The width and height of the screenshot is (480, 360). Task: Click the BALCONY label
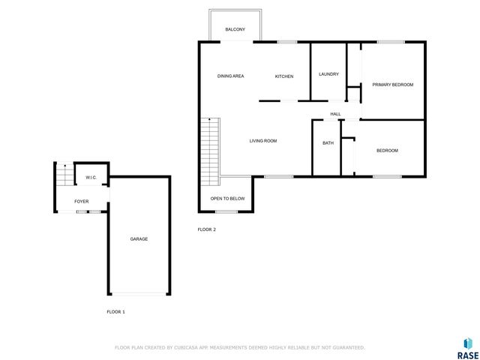pos(235,29)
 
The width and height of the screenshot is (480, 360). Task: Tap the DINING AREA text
pos(230,76)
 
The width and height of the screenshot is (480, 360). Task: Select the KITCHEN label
pos(283,76)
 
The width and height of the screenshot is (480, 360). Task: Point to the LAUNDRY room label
pos(328,73)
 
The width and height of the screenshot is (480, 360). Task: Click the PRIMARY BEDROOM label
pos(392,85)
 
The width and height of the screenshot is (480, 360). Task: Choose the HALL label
pos(335,114)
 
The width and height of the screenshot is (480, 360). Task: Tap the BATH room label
pos(328,142)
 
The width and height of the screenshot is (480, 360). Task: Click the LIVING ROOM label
pos(263,140)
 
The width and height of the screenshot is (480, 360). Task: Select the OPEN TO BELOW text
pos(227,198)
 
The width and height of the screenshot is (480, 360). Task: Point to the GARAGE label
pos(139,238)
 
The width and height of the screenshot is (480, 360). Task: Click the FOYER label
pos(81,201)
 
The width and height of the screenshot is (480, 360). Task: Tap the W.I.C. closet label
pos(91,177)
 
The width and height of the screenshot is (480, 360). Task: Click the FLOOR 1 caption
pos(115,311)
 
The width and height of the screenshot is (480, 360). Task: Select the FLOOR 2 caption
pos(206,229)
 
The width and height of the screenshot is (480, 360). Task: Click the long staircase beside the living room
pos(208,152)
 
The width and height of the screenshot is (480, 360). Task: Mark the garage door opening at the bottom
pos(139,294)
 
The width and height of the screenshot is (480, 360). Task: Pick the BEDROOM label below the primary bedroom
pos(387,151)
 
